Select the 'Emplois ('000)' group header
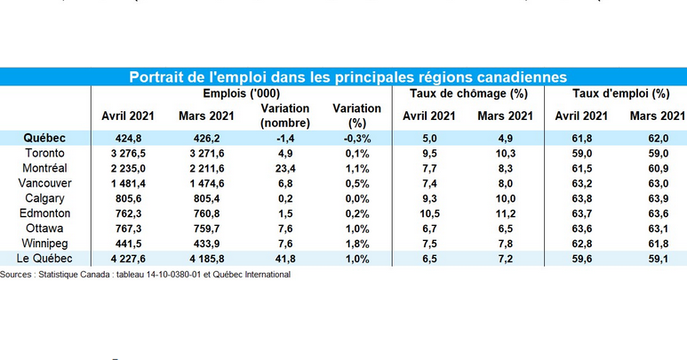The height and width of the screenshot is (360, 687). coord(242,93)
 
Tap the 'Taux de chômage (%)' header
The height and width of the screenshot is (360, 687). coord(468,93)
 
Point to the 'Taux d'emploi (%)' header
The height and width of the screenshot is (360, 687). coord(621,93)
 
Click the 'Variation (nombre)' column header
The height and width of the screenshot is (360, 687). coord(285,116)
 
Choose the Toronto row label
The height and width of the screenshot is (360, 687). coord(44,153)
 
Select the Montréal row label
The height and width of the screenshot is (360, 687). coord(44,168)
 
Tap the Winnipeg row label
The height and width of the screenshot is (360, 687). coord(44,243)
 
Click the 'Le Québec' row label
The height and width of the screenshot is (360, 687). coord(44,259)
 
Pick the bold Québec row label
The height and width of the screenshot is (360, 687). coord(44,138)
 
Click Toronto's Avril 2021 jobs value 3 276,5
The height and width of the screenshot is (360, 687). coord(128,153)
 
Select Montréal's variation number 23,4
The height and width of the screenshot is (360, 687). coord(285,169)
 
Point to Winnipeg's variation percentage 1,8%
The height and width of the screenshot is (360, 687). coord(357,244)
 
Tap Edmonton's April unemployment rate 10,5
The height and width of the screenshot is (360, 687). coord(429,213)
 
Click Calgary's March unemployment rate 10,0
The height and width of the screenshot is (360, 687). coord(505,198)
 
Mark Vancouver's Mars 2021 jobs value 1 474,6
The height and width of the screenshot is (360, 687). coord(207,183)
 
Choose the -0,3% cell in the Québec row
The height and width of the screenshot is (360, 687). coord(357,139)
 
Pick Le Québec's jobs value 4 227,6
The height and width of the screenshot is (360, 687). coord(128,259)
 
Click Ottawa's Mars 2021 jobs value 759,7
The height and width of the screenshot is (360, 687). coord(207,228)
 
